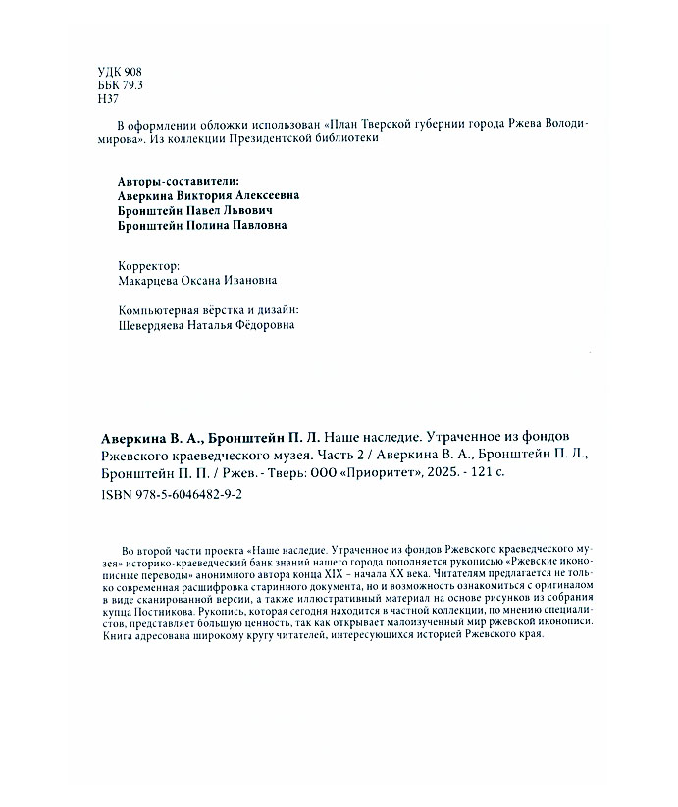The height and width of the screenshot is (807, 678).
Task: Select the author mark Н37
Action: (109, 100)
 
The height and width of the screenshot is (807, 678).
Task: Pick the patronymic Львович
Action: (241, 210)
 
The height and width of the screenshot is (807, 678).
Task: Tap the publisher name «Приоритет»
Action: (384, 474)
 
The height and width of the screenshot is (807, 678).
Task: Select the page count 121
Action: (484, 474)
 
